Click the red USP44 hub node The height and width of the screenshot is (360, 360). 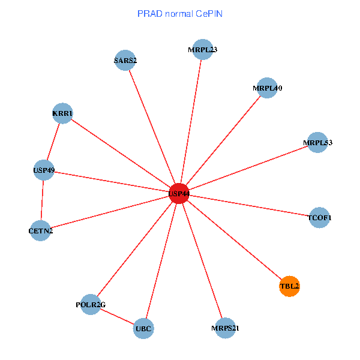coord(179,194)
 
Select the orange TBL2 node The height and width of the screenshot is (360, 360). coord(289,286)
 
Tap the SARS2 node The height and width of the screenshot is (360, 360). coord(125,60)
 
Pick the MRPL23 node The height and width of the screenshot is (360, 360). coord(202,50)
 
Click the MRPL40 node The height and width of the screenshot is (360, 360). coord(266,88)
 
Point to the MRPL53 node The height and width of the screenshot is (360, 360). coord(317,143)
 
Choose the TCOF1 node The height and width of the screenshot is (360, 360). coord(319,217)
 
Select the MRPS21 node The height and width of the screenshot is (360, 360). coord(224,328)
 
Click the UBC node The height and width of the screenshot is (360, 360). coord(143,328)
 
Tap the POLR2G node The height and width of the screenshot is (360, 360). coord(91,304)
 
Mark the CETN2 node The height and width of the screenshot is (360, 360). coord(41,230)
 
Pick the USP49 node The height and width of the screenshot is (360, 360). coord(44,170)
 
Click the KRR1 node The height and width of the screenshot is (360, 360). coord(62,113)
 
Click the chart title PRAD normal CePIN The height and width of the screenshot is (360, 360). coord(179,13)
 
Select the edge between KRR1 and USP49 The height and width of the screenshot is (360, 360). coord(53,142)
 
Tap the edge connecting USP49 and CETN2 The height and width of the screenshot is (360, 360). coord(43,200)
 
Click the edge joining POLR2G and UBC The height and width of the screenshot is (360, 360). coord(117,316)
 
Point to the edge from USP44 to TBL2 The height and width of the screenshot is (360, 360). coord(234,240)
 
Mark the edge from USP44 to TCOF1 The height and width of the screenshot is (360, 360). coord(249,205)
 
